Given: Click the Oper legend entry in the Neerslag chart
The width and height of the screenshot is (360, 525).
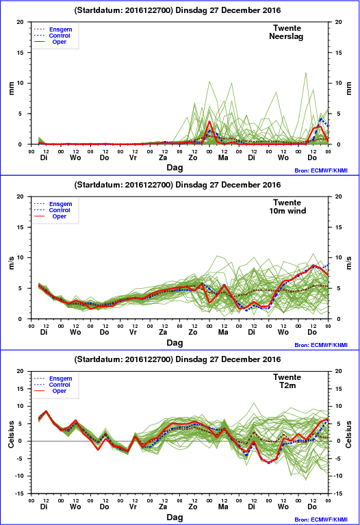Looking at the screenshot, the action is coord(60,42).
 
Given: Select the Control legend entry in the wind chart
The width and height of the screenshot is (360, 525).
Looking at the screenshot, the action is coord(60,210).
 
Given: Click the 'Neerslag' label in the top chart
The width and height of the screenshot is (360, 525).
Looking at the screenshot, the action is coord(286,36).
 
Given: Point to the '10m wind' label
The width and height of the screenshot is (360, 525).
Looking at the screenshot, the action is coord(287,211).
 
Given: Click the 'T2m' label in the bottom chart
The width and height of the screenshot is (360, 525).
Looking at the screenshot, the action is coord(287,385).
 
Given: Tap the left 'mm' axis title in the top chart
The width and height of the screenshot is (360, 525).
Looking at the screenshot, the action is coord(12,88).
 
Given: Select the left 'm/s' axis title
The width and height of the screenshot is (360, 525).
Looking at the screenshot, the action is coord(12,263).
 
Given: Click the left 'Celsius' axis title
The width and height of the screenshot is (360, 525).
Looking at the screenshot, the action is coord(12,434).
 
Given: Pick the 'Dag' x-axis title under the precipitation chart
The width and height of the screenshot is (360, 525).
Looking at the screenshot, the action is coord(175,168).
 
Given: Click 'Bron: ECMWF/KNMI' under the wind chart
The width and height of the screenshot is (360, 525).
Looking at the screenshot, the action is coord(321,345).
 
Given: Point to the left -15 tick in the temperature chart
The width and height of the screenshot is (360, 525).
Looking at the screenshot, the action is coord(20,494).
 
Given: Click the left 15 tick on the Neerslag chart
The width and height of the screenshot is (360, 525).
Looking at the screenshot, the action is coord(21,53).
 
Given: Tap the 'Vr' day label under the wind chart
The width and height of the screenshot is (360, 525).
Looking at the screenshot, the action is coord(133,332).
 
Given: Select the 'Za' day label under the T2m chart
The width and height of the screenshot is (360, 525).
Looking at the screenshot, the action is coord(163,507).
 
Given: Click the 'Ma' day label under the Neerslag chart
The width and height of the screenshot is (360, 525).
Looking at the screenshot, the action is coord(223,157).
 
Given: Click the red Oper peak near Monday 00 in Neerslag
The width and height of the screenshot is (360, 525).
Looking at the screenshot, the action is coord(209,122).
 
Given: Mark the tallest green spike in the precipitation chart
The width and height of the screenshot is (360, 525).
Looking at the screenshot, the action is coord(305,73).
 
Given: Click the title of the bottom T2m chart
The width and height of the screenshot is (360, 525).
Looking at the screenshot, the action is coord(177,359).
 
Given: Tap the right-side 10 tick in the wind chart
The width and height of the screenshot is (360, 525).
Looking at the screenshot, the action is coord(339,257).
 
